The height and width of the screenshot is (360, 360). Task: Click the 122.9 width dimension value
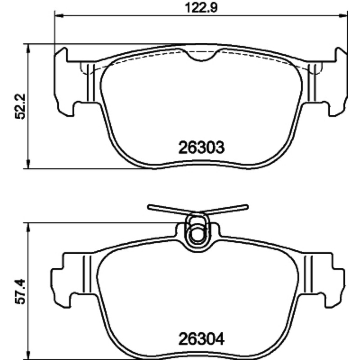pyautogui.click(x=201, y=8)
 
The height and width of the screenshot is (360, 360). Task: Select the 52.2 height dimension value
pyautogui.click(x=20, y=106)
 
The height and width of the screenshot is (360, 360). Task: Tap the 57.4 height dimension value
pyautogui.click(x=20, y=292)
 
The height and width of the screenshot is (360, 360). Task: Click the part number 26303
pyautogui.click(x=201, y=148)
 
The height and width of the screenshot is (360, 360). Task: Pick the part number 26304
pyautogui.click(x=201, y=339)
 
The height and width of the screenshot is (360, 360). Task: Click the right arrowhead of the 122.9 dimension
pyautogui.click(x=343, y=16)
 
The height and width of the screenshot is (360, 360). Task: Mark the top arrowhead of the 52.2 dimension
pyautogui.click(x=28, y=48)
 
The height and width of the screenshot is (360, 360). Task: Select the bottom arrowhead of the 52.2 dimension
pyautogui.click(x=28, y=165)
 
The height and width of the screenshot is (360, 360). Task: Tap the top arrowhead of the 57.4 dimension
pyautogui.click(x=28, y=227)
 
